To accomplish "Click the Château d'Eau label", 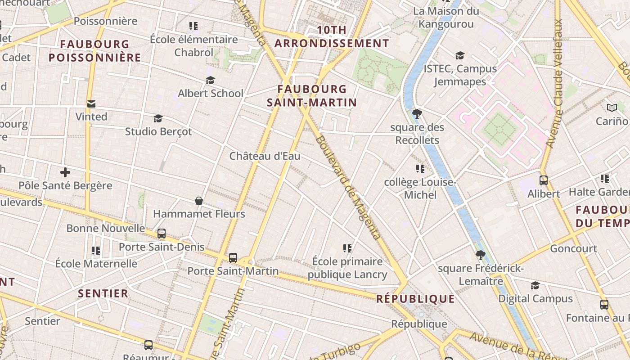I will click(x=265, y=156).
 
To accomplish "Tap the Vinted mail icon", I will click(x=91, y=104).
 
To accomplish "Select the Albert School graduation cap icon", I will click(x=210, y=81).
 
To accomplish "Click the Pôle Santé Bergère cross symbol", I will click(x=65, y=172).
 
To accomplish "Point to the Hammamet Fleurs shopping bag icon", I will click(x=199, y=201).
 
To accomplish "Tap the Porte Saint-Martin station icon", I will click(x=233, y=258).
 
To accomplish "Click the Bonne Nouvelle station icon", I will click(x=162, y=234).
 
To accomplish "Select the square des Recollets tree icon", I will click(x=417, y=114).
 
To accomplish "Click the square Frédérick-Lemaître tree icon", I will click(x=481, y=255).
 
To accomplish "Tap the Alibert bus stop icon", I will click(x=544, y=180).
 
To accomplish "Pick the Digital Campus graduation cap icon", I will click(x=535, y=286).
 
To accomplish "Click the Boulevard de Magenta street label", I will click(x=347, y=187).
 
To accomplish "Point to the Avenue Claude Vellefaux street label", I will click(x=555, y=83).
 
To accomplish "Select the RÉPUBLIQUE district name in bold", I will click(x=415, y=299).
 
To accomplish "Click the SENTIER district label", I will click(x=103, y=294).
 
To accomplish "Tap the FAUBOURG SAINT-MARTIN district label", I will click(x=312, y=96).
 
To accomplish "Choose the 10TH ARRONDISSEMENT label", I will click(x=332, y=37).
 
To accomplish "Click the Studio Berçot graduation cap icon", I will click(x=158, y=118).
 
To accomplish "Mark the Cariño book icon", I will click(x=612, y=108).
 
